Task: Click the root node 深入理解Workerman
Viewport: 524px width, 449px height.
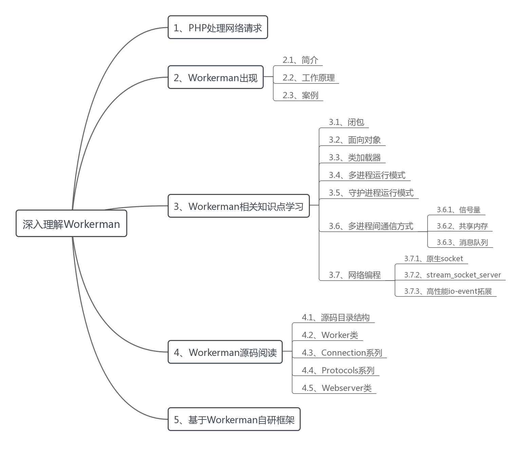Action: pos(71,223)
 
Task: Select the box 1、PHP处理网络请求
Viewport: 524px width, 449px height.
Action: pos(218,28)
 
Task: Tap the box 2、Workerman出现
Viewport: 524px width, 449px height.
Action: pos(216,77)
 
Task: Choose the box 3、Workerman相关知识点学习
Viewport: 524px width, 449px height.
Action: pos(239,206)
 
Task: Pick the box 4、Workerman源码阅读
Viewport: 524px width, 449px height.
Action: pos(225,352)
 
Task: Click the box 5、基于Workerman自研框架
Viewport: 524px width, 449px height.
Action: pos(234,419)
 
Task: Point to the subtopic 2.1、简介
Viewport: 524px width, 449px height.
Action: pos(300,60)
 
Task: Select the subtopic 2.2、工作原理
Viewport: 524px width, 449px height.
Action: pos(308,78)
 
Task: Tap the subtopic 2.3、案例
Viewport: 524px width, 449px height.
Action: pos(300,95)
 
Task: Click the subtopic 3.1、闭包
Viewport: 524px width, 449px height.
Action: pos(346,122)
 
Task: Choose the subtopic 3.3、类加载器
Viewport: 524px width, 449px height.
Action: pos(355,158)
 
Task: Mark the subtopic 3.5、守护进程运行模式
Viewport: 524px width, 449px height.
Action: pos(371,193)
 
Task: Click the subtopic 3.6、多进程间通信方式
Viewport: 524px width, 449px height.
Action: pos(371,226)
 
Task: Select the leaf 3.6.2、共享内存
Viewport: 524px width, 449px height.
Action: pos(462,226)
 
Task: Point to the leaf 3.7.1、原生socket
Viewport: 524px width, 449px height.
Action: pos(433,259)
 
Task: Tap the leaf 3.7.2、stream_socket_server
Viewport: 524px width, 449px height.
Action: pos(452,275)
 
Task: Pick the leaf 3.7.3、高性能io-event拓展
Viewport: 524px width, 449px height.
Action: pos(448,291)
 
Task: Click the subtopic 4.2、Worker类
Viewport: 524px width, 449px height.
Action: pos(330,335)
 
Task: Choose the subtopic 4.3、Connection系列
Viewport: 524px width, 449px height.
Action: pos(342,353)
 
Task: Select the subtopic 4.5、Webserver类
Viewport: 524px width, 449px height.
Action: pos(337,388)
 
